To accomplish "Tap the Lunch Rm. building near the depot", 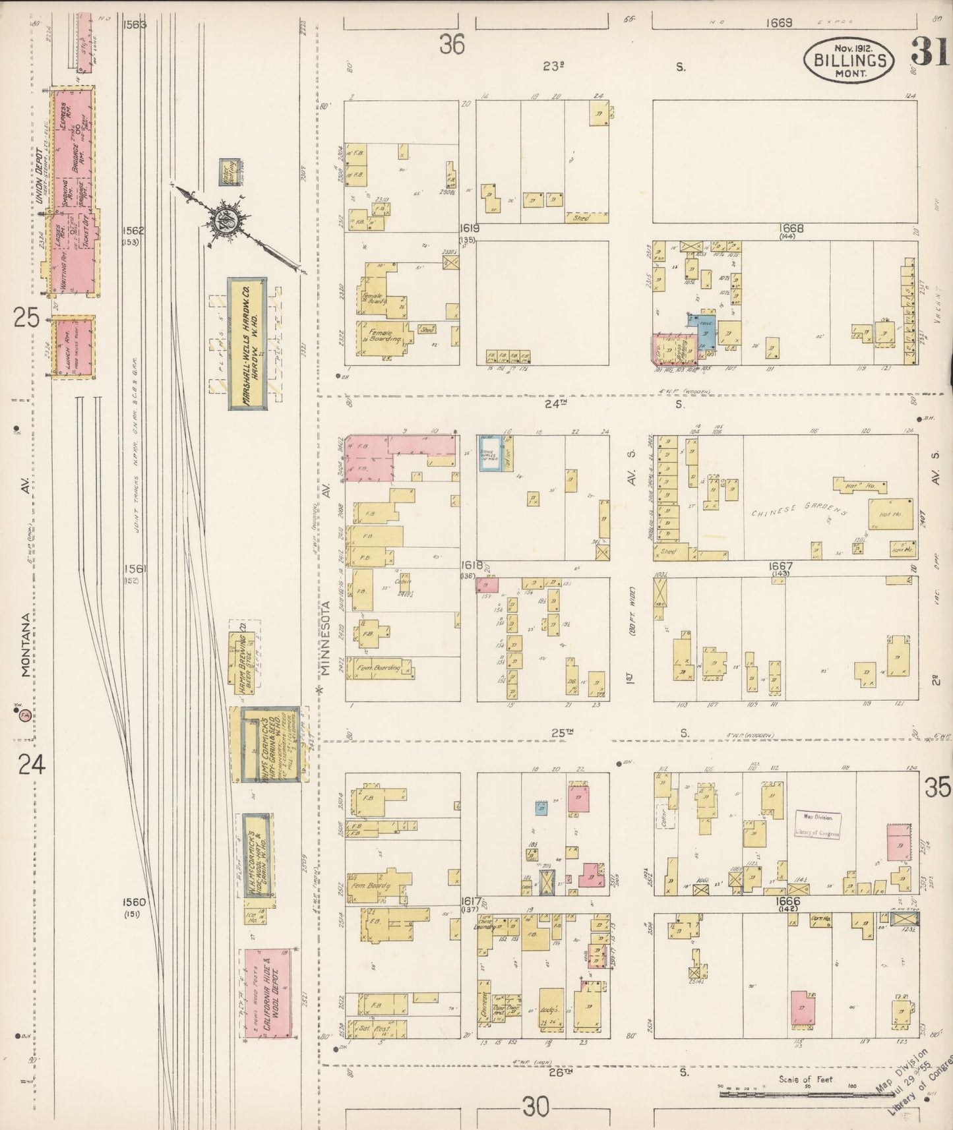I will pos(73,347).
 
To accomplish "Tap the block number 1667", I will pos(780,566).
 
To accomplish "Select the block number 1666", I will pos(787,901).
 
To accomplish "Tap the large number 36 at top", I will pos(453,45).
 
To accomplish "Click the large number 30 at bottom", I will pos(536,1108).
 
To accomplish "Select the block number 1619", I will pos(470,228).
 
